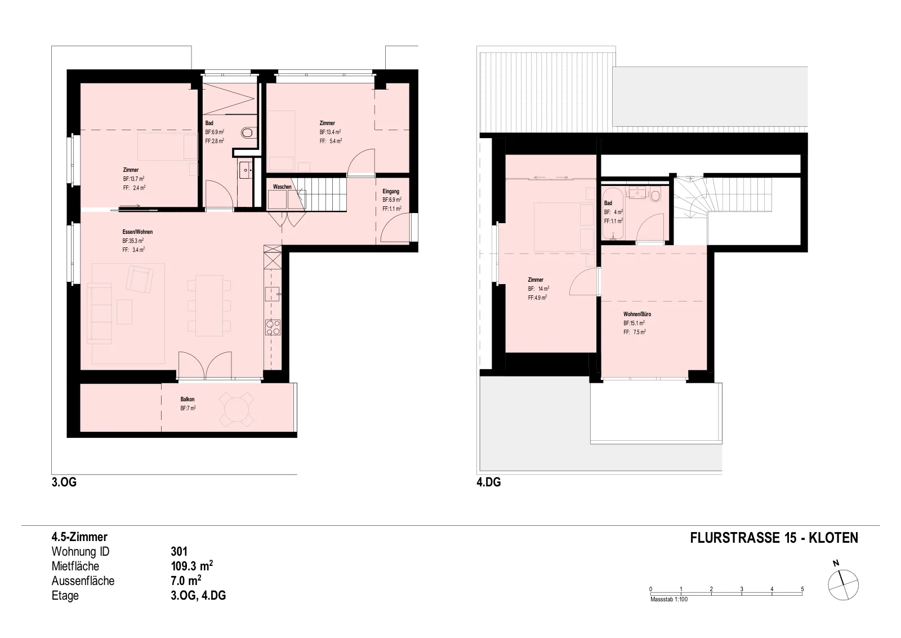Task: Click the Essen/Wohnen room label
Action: [137, 232]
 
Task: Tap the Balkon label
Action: [188, 399]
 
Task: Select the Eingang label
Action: [391, 191]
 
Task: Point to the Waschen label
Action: [282, 187]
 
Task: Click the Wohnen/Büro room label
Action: [637, 314]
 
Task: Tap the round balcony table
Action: [237, 410]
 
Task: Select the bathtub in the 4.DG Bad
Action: [613, 214]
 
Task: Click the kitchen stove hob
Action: [273, 327]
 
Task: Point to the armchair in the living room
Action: [140, 278]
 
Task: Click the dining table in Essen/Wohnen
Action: [209, 305]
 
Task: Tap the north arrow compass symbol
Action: [843, 585]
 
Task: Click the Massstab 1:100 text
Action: [669, 599]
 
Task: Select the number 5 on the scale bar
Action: [802, 589]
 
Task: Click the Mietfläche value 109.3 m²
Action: [192, 565]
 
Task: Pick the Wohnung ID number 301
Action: [179, 551]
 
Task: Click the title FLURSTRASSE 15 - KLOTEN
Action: [774, 538]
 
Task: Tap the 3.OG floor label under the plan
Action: [64, 482]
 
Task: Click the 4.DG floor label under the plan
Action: [489, 482]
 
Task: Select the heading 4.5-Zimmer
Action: [79, 537]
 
